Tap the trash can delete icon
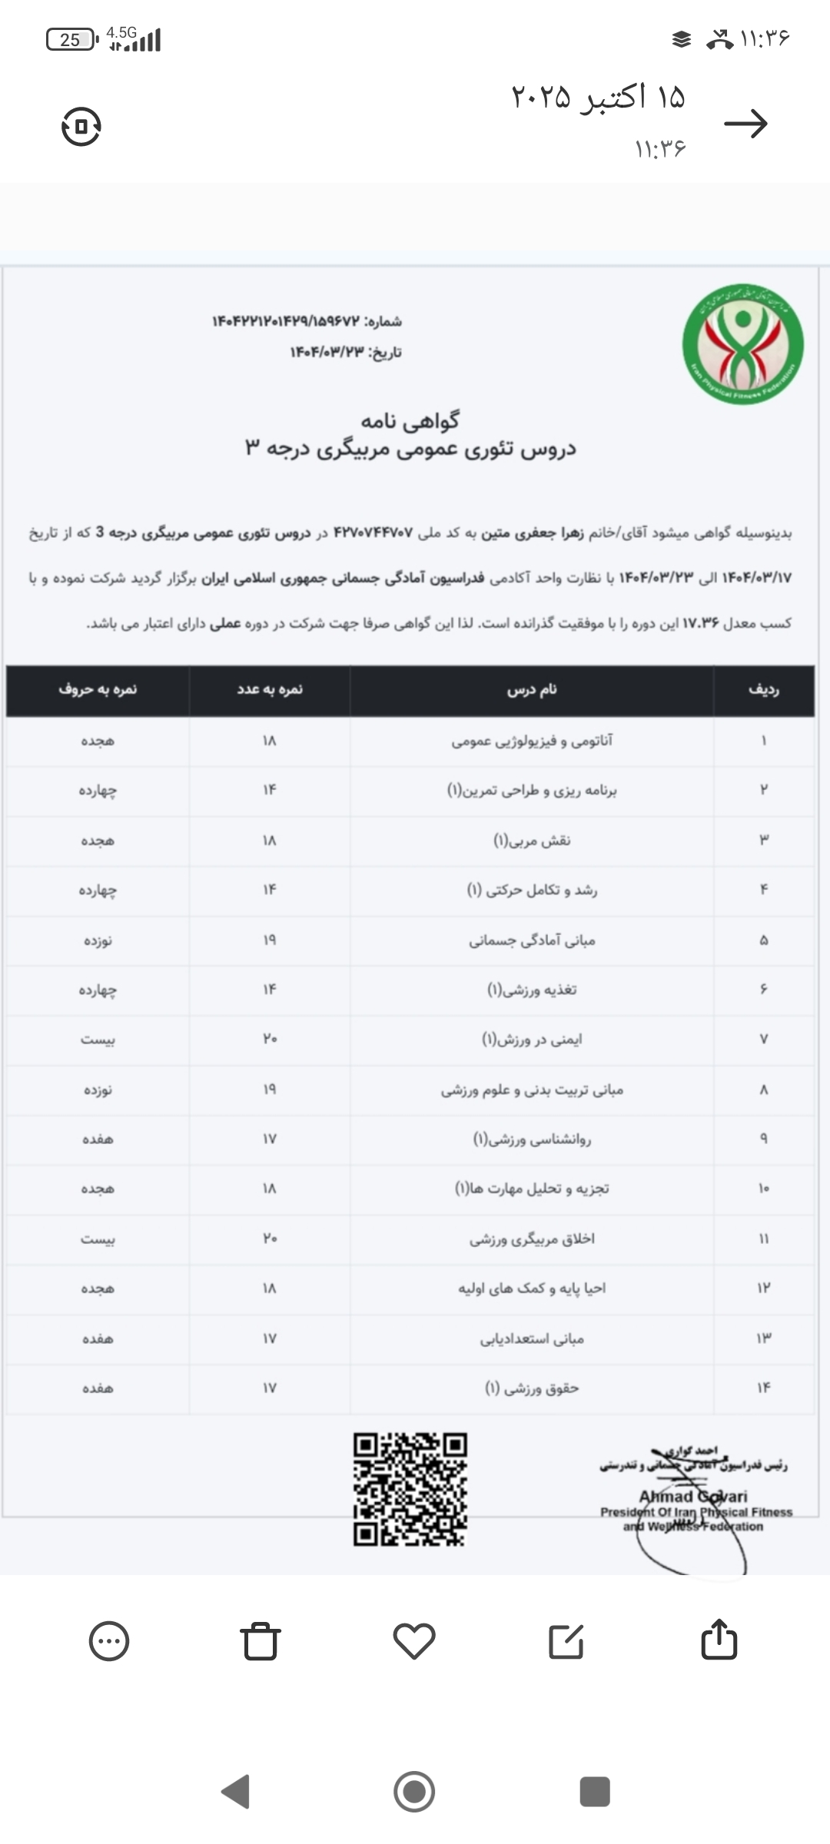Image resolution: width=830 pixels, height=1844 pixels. click(261, 1641)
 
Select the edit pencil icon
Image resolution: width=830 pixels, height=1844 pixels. click(566, 1641)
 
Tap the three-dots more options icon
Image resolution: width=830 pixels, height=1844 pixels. click(109, 1641)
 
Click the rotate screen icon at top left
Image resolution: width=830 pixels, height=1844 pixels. click(81, 126)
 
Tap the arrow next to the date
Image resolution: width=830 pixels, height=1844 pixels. click(745, 124)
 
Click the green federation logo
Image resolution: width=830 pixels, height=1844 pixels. click(743, 343)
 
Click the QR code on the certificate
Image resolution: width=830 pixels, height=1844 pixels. click(410, 1489)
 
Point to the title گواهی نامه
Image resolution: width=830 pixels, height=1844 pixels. click(410, 420)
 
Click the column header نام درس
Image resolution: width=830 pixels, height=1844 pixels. click(532, 690)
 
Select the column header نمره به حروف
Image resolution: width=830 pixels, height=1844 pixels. click(98, 690)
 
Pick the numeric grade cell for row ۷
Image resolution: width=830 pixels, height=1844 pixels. click(269, 1039)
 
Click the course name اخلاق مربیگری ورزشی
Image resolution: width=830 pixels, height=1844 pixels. click(532, 1239)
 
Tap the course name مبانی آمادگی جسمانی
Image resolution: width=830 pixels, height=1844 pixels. click(532, 940)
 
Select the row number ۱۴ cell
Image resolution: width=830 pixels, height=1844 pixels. click(763, 1388)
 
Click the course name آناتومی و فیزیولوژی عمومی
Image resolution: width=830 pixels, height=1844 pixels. click(532, 741)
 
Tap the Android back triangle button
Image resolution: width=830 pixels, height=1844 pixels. click(236, 1792)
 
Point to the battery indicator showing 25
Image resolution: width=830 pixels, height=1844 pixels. click(71, 39)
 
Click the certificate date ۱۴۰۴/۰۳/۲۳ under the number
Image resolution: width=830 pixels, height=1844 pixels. click(346, 353)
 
